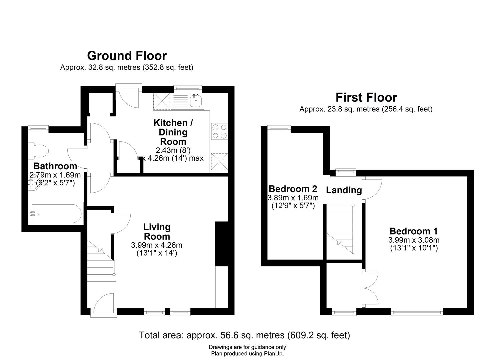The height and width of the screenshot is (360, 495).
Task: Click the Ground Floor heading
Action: pyautogui.click(x=127, y=55)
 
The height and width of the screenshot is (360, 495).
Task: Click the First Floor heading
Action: pyautogui.click(x=366, y=97)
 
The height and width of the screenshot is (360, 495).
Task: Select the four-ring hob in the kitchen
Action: pyautogui.click(x=219, y=131)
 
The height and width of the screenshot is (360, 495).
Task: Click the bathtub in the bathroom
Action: pyautogui.click(x=56, y=214)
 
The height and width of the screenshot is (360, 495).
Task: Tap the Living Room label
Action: pyautogui.click(x=157, y=232)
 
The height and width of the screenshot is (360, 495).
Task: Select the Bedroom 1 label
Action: pyautogui.click(x=413, y=231)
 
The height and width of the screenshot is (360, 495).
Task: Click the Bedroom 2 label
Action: pyautogui.click(x=293, y=189)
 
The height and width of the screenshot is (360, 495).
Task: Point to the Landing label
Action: pyautogui.click(x=344, y=190)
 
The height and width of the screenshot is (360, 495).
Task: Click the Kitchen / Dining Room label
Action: pyautogui.click(x=173, y=132)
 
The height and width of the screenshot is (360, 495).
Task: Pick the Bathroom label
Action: pyautogui.click(x=55, y=166)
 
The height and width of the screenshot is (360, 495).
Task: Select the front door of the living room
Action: pyautogui.click(x=103, y=304)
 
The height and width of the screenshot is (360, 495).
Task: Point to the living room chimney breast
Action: pyautogui.click(x=221, y=244)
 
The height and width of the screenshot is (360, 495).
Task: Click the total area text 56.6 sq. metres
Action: pyautogui.click(x=244, y=335)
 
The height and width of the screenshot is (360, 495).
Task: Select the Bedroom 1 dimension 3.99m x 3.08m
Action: pyautogui.click(x=414, y=240)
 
